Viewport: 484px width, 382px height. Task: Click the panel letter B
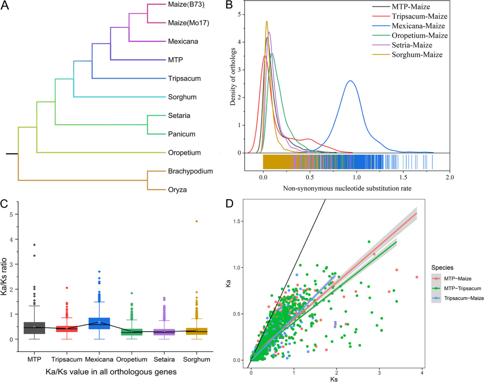pyautogui.click(x=228, y=6)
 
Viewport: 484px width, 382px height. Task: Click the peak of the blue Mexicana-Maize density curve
pyautogui.click(x=350, y=81)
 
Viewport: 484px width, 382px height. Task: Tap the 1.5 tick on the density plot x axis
pyautogui.click(x=403, y=176)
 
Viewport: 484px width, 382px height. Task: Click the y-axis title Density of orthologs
pyautogui.click(x=233, y=77)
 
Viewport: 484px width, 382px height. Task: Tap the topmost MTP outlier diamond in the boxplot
pyautogui.click(x=34, y=245)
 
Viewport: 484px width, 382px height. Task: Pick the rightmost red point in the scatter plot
pyautogui.click(x=417, y=277)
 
